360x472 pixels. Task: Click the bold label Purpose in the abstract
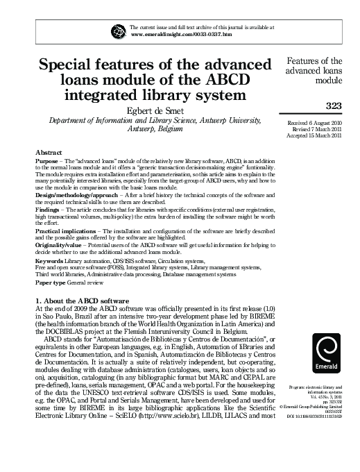[x=47, y=160]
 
